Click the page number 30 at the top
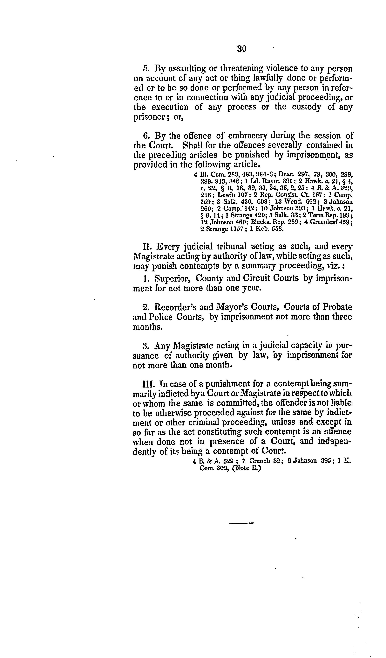click(x=242, y=49)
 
